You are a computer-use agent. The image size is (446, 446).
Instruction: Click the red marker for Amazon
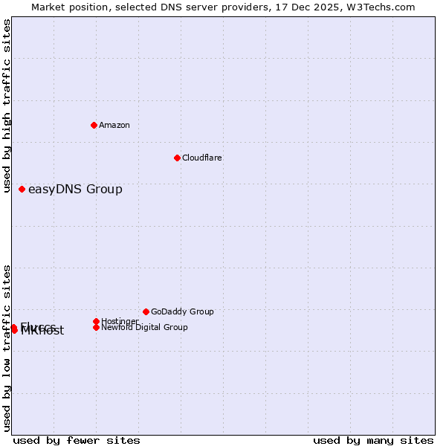[x=94, y=125]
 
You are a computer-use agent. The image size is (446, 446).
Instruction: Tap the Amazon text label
[x=114, y=126]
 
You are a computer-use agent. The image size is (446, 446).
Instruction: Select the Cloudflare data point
[x=177, y=158]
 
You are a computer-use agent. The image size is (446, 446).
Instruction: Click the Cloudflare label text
[x=202, y=158]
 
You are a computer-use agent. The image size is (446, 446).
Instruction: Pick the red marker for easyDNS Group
[x=22, y=189]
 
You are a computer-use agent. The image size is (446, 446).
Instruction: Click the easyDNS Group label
[x=75, y=190]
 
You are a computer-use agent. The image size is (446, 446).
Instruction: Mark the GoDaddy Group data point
[x=146, y=311]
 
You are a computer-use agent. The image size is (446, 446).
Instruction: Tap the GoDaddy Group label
[x=182, y=312]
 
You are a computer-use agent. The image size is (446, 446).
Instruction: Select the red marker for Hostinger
[x=96, y=321]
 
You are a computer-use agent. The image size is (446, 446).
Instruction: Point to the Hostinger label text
[x=120, y=321]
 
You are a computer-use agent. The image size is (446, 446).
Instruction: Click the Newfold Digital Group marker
[x=96, y=327]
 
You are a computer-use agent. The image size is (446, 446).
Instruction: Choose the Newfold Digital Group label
[x=144, y=328]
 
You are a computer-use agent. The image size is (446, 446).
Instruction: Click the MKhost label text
[x=42, y=332]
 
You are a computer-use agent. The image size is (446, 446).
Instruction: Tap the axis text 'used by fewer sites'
[x=77, y=440]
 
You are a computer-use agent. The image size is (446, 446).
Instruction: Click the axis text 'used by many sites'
[x=373, y=440]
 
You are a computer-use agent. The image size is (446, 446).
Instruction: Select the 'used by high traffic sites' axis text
[x=7, y=106]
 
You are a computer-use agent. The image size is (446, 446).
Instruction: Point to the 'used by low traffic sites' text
[x=7, y=348]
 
